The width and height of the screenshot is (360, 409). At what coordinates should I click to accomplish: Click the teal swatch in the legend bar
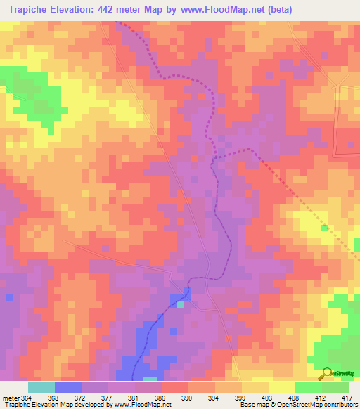[x=41, y=387]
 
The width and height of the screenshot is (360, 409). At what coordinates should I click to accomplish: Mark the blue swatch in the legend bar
[x=68, y=387]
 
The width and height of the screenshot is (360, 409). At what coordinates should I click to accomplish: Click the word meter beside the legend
[x=10, y=398]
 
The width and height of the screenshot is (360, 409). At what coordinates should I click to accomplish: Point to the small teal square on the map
[x=181, y=304]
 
